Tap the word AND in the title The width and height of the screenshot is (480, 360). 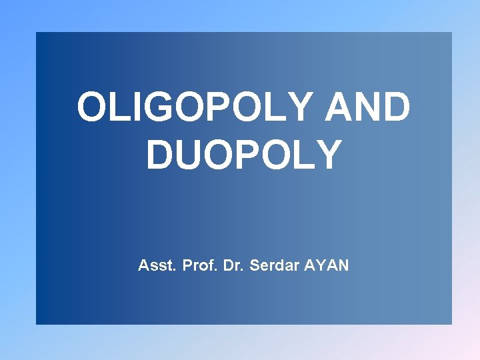367,108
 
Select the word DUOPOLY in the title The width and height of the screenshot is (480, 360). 244,155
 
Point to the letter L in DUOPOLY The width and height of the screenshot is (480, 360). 305,155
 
